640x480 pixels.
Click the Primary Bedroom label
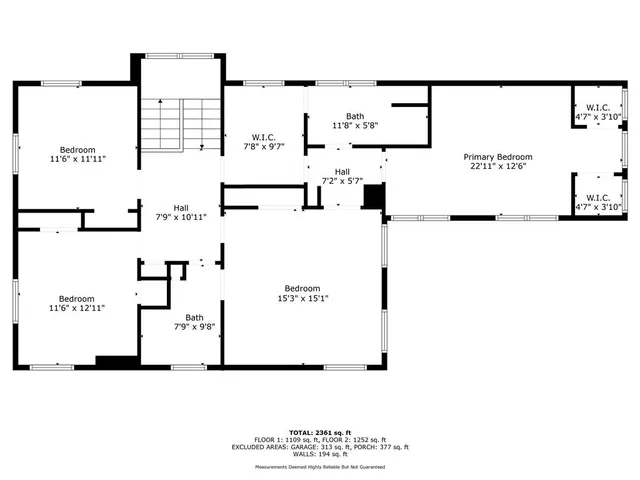[497, 157]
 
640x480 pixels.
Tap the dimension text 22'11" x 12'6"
[497, 167]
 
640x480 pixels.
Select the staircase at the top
[179, 124]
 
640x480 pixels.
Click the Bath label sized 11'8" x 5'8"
[355, 116]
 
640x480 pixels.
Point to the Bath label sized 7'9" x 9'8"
[193, 317]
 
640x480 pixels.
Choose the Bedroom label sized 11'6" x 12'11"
[76, 298]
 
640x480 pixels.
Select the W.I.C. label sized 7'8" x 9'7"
[265, 137]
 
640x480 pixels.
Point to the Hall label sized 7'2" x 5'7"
[342, 172]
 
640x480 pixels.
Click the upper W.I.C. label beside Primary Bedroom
[598, 107]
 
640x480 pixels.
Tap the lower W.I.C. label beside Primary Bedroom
[598, 197]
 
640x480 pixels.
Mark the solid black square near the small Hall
[374, 198]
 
